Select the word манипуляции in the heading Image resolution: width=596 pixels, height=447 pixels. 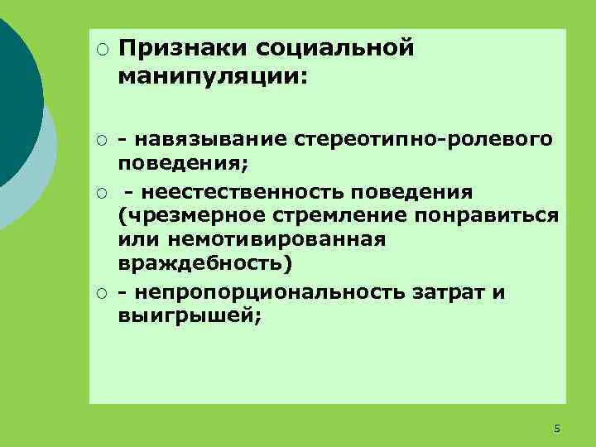point(210,77)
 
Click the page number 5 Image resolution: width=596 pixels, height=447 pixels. point(556,429)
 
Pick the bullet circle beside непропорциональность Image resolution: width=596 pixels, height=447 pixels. point(102,293)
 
